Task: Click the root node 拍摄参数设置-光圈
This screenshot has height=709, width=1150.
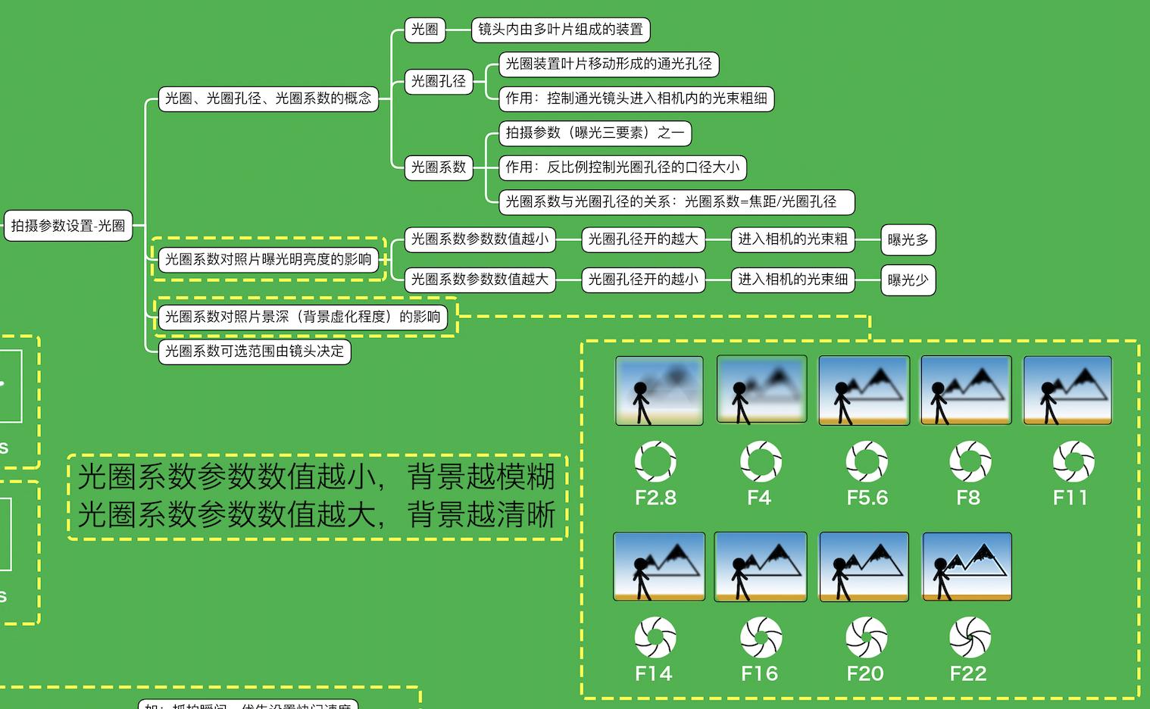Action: (x=67, y=226)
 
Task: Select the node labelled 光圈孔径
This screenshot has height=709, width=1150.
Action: (x=438, y=81)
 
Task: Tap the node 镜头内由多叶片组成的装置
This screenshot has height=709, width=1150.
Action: (x=560, y=30)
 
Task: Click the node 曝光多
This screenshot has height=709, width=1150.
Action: (x=908, y=240)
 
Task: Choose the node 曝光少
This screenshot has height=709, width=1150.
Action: (x=908, y=280)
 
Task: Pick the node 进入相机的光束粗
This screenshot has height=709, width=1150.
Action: (x=792, y=239)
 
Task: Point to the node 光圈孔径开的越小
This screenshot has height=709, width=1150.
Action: (x=642, y=280)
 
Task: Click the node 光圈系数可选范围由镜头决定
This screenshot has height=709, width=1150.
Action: (x=255, y=351)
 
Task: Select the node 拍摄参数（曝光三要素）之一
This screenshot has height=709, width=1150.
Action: (x=595, y=133)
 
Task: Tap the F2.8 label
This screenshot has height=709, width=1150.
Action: (x=655, y=498)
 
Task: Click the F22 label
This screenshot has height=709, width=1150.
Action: (x=968, y=673)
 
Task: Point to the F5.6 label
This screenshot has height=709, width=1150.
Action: (x=867, y=498)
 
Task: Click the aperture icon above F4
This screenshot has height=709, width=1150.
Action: (x=760, y=461)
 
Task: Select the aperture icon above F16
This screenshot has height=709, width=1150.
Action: (x=760, y=638)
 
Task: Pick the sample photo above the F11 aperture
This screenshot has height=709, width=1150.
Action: (x=1067, y=390)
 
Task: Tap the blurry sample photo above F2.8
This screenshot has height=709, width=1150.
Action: (x=659, y=390)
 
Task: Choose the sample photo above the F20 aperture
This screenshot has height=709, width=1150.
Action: (x=864, y=567)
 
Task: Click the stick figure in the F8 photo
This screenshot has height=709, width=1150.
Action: (x=939, y=401)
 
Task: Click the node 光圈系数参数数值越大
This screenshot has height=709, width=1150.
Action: (x=479, y=280)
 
